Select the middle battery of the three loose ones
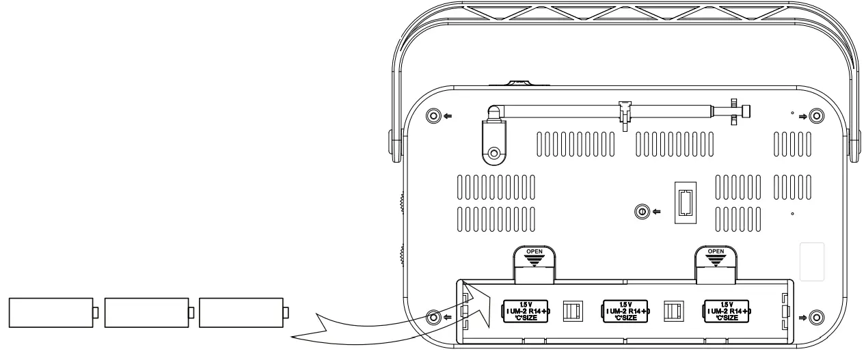point(147,312)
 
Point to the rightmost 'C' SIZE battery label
point(728,310)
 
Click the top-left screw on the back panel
point(432,115)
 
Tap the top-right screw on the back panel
point(815,115)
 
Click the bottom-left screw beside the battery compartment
point(432,316)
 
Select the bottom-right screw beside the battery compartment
point(815,316)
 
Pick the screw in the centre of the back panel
point(641,212)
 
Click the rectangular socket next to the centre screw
point(685,202)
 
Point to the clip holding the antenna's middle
point(624,112)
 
